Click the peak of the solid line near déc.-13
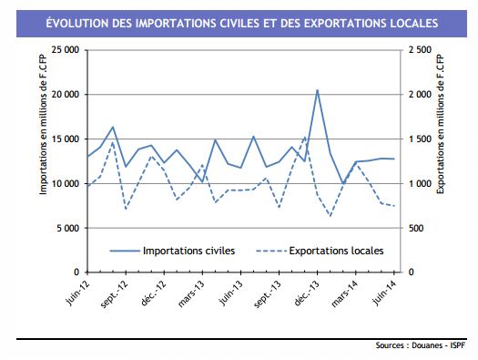click(x=317, y=89)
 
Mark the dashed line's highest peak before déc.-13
click(x=304, y=137)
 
